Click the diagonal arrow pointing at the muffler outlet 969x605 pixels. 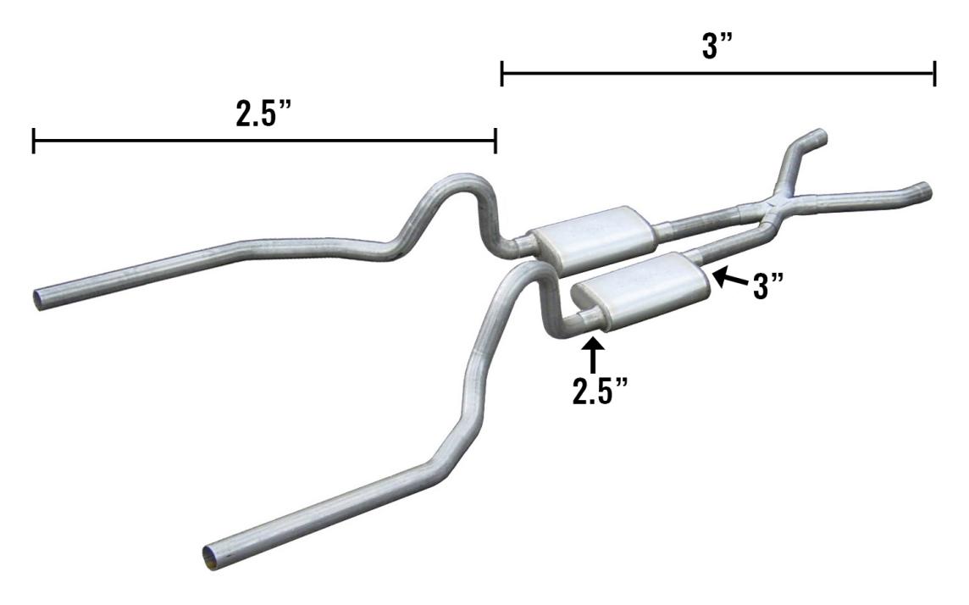coord(727,277)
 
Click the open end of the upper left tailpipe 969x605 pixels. coord(41,297)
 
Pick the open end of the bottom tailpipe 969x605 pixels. coord(211,558)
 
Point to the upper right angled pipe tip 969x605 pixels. coord(819,135)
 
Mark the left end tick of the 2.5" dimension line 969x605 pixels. coord(33,142)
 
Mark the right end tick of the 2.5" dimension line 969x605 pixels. coord(495,142)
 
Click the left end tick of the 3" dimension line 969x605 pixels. coord(502,74)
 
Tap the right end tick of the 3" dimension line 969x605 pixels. coord(934,74)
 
